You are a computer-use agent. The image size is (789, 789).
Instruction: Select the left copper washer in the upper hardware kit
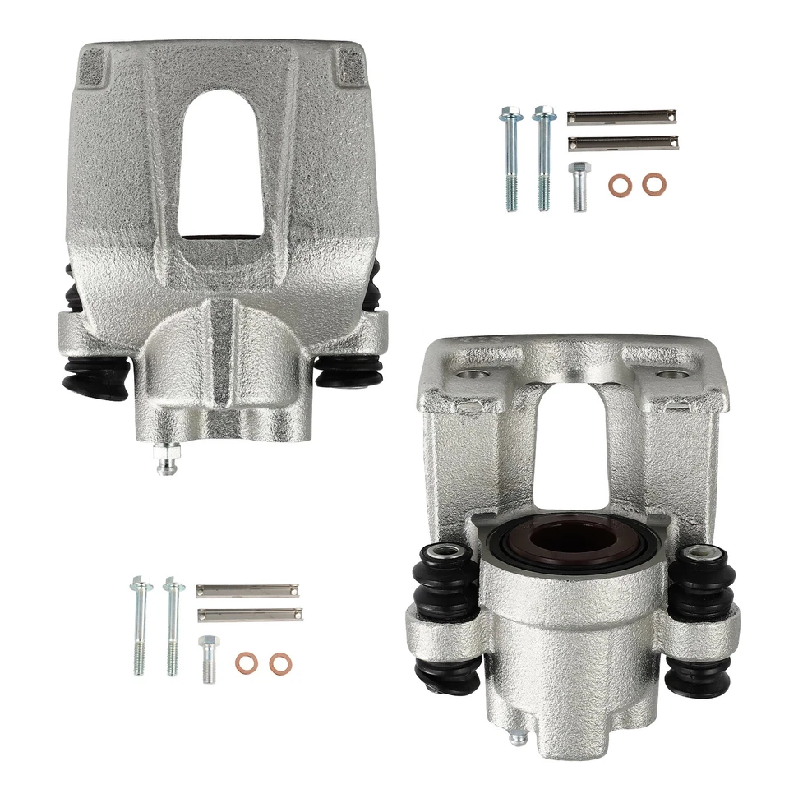pyautogui.click(x=619, y=185)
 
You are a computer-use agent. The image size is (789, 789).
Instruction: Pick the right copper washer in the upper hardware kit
pyautogui.click(x=654, y=185)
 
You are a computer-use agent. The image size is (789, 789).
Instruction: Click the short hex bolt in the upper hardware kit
pyautogui.click(x=578, y=186)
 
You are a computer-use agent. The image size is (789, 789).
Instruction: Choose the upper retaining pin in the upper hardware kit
pyautogui.click(x=622, y=117)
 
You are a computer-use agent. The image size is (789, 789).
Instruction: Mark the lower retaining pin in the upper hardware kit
pyautogui.click(x=622, y=143)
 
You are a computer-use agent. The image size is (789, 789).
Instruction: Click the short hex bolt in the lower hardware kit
pyautogui.click(x=209, y=658)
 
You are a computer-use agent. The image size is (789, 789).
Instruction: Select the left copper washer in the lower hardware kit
pyautogui.click(x=245, y=662)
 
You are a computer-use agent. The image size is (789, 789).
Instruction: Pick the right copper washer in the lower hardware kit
pyautogui.click(x=280, y=662)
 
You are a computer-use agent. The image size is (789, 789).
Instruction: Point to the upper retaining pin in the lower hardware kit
pyautogui.click(x=248, y=590)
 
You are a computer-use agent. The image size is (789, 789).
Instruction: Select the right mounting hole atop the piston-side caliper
pyautogui.click(x=676, y=375)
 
